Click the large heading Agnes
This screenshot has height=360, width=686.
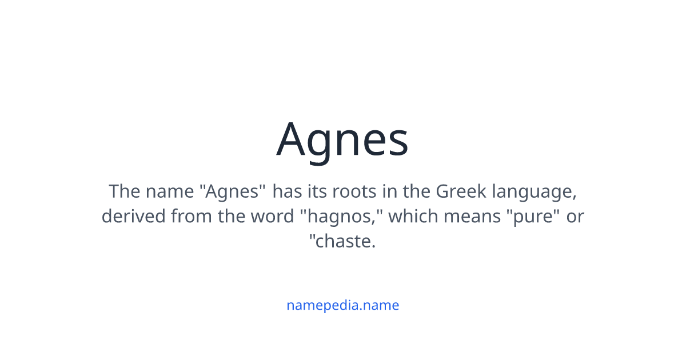(342, 140)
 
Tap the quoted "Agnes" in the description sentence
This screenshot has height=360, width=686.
(233, 191)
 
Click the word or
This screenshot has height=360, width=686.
(575, 217)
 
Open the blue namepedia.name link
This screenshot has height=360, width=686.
(342, 305)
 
